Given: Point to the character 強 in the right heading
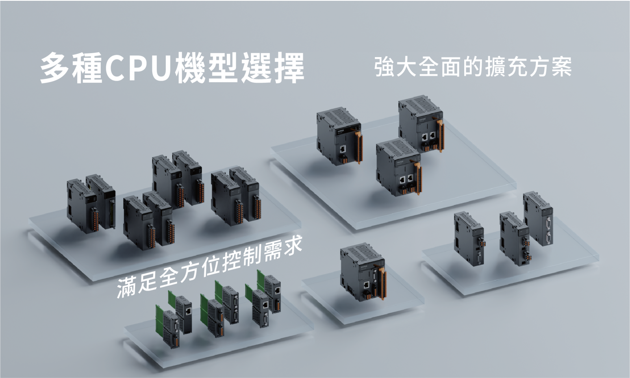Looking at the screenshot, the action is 384,67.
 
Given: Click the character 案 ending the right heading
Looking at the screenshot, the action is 561,67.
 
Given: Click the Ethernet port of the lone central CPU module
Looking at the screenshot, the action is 367,285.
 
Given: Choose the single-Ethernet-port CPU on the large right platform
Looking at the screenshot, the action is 339,136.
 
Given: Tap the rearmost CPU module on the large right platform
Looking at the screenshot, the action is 421,124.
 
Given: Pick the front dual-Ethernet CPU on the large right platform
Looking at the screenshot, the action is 399,167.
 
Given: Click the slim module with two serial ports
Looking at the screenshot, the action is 538,219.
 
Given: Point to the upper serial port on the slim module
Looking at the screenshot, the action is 548,223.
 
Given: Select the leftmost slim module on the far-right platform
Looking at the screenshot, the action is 469,239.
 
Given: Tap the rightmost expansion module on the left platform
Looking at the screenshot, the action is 245,194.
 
